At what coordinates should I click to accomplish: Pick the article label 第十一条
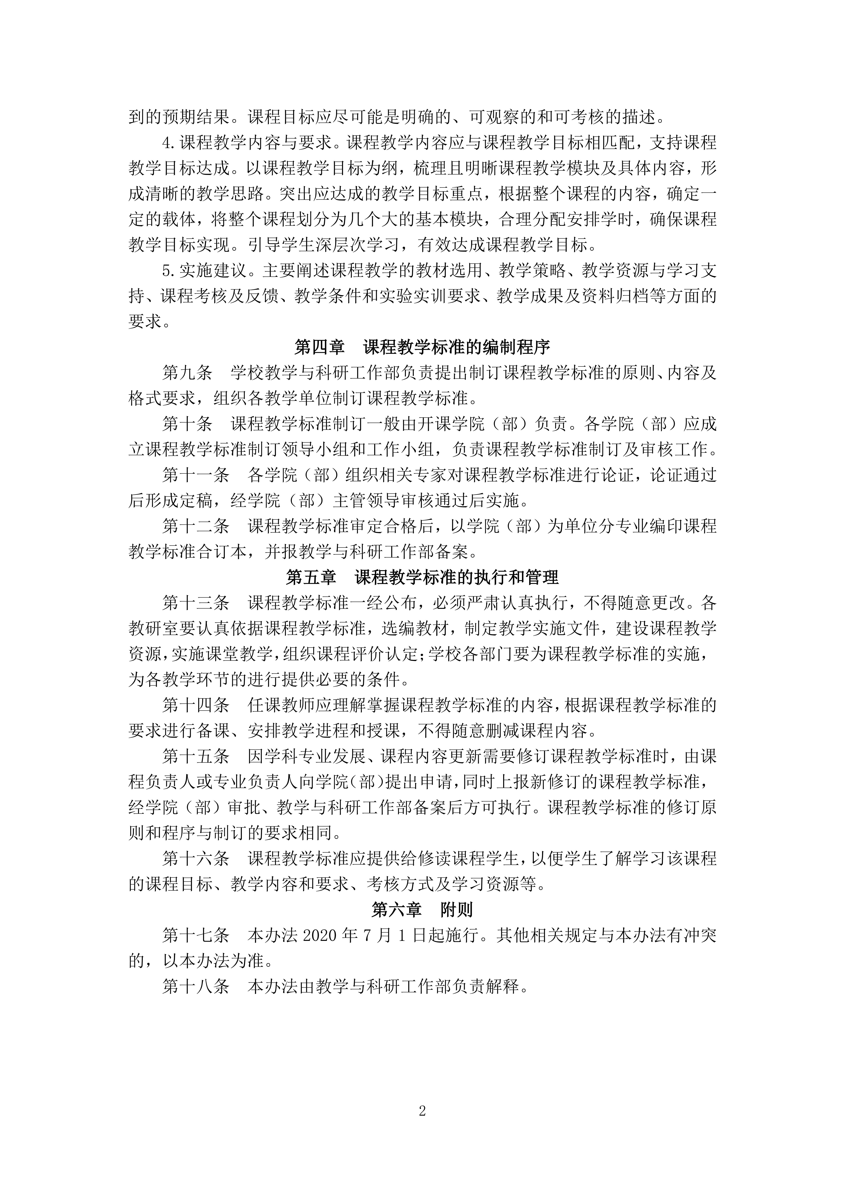click(x=196, y=475)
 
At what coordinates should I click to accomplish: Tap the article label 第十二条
click(x=196, y=526)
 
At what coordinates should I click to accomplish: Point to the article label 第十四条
click(x=196, y=705)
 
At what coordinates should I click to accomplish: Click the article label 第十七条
click(x=196, y=936)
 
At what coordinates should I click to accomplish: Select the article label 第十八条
click(x=196, y=987)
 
